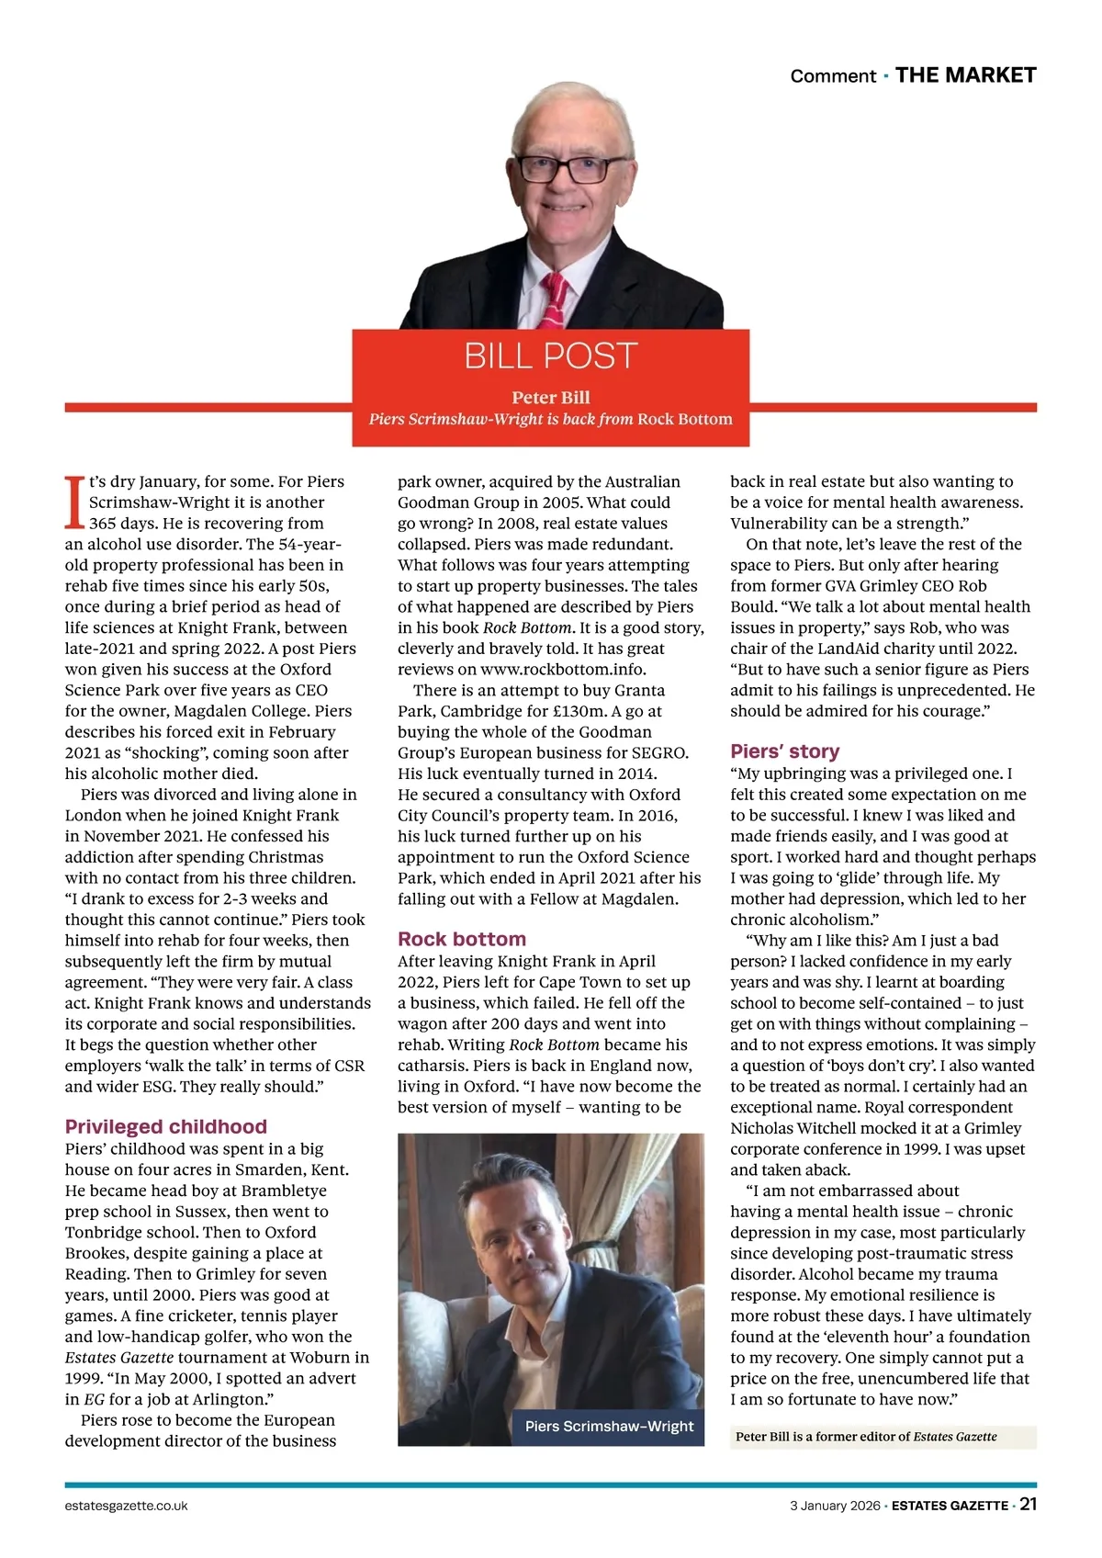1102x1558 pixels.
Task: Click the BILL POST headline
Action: (x=550, y=356)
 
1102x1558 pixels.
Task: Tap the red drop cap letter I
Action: (x=74, y=502)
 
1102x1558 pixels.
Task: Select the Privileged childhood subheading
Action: (x=166, y=1126)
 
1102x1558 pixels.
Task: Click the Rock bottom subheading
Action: (x=462, y=939)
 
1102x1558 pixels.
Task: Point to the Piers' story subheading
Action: (x=785, y=751)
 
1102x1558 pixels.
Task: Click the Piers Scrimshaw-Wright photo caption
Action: (x=609, y=1427)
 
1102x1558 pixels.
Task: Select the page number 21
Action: (x=1028, y=1505)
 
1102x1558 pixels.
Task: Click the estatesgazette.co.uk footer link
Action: (x=127, y=1506)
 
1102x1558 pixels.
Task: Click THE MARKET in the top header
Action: (x=965, y=75)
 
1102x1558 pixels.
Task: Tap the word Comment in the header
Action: (x=833, y=76)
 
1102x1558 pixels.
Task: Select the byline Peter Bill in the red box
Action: (x=551, y=397)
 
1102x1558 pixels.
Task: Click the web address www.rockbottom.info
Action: (x=563, y=669)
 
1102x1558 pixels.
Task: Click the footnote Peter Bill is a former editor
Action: (x=866, y=1437)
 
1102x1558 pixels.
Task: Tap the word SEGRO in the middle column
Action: (x=659, y=752)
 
